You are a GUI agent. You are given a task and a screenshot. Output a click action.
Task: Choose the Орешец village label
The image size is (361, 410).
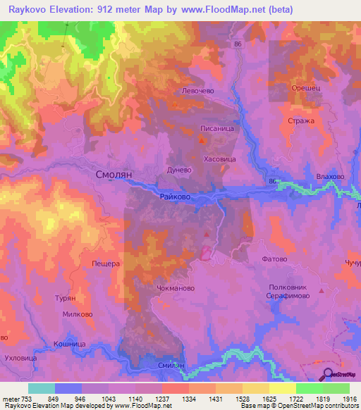307,88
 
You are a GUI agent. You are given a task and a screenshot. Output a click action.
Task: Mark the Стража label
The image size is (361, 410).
301,120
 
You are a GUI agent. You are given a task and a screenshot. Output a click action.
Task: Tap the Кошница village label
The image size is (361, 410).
70,344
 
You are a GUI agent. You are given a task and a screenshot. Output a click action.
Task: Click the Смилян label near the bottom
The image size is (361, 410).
171,366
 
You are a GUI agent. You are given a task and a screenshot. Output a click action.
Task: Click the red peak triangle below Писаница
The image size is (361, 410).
203,141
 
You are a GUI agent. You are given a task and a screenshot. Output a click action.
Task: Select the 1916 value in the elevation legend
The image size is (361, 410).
349,399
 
